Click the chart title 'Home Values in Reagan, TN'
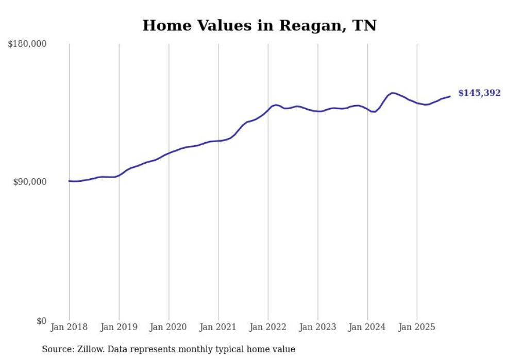point(259,25)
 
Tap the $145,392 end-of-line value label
point(479,93)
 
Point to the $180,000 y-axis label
point(27,44)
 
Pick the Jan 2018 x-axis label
point(69,327)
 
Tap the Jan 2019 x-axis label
point(119,327)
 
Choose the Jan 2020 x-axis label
point(169,327)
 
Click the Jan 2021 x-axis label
point(218,327)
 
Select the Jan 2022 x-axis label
point(268,327)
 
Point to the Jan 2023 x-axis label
point(318,327)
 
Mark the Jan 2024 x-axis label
point(367,327)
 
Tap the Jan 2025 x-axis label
point(417,327)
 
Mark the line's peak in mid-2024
point(393,93)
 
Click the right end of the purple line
point(450,96)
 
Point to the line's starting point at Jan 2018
point(69,181)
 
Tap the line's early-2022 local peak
point(276,105)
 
